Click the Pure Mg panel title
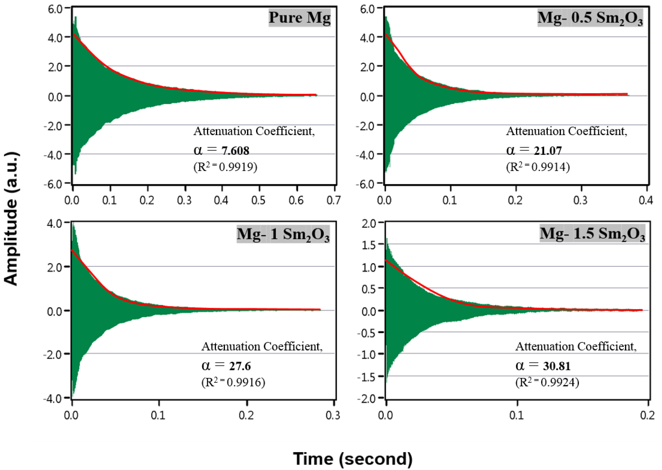click(300, 18)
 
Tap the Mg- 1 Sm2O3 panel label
click(283, 234)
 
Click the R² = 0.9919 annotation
click(225, 167)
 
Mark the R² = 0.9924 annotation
click(547, 383)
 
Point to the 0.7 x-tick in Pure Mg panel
click(334, 200)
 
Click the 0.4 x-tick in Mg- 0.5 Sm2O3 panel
click(646, 200)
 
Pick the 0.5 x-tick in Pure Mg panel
click(258, 200)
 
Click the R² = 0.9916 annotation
click(233, 383)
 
